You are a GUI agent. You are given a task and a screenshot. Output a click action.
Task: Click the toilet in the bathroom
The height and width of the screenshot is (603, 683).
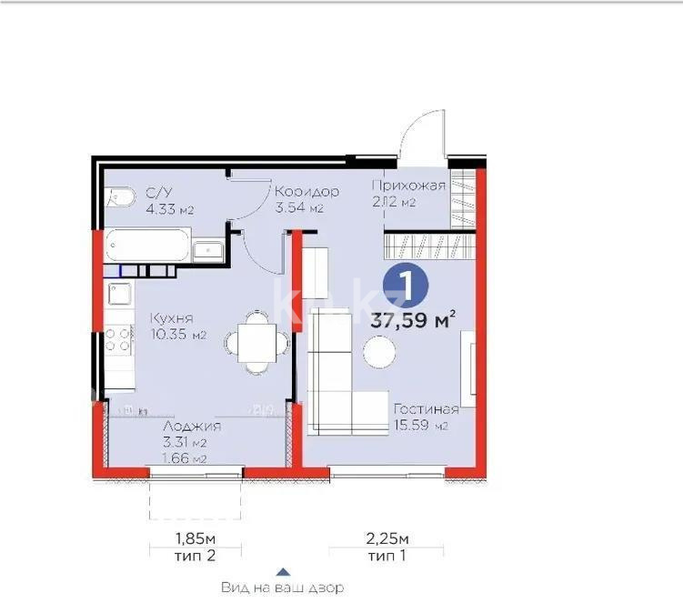pyautogui.click(x=115, y=195)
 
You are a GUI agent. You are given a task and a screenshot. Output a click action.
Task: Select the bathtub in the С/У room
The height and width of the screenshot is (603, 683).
pyautogui.click(x=146, y=246)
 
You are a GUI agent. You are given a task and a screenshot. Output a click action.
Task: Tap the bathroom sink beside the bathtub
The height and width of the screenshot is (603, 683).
pyautogui.click(x=209, y=250)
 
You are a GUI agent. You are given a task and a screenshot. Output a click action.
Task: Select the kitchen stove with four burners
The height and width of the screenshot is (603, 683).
pyautogui.click(x=117, y=340)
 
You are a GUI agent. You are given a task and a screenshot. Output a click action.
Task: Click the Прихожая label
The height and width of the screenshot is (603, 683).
pyautogui.click(x=408, y=186)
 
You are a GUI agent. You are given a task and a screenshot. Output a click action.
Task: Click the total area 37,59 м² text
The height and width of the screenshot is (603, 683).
pyautogui.click(x=413, y=319)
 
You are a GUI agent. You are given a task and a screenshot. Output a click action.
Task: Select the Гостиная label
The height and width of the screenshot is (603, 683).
pyautogui.click(x=425, y=408)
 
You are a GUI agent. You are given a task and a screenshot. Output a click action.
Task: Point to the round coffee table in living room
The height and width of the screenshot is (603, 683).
pyautogui.click(x=379, y=349)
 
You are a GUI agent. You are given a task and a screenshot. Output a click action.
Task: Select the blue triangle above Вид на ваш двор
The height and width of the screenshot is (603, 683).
pyautogui.click(x=283, y=572)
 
